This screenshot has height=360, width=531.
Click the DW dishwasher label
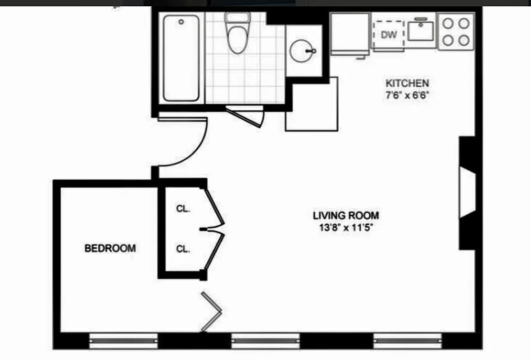click(x=388, y=35)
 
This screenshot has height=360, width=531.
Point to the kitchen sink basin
click(x=421, y=31)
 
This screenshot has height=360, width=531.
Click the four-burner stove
click(x=455, y=31)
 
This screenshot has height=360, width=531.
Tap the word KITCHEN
click(x=407, y=83)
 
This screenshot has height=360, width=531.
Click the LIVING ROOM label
click(x=346, y=215)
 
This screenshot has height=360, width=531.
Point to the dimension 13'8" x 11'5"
click(x=346, y=227)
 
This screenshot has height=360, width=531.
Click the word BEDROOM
click(x=110, y=248)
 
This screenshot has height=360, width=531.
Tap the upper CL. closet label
click(x=183, y=209)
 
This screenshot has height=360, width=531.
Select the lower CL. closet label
click(x=183, y=249)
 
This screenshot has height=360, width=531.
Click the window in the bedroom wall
click(x=123, y=341)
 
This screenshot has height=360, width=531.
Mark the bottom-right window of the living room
click(x=407, y=341)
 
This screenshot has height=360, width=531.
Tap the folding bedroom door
click(x=211, y=311)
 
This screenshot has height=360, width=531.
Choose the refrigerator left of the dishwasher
click(x=350, y=34)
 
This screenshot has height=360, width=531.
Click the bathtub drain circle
click(x=181, y=21)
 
